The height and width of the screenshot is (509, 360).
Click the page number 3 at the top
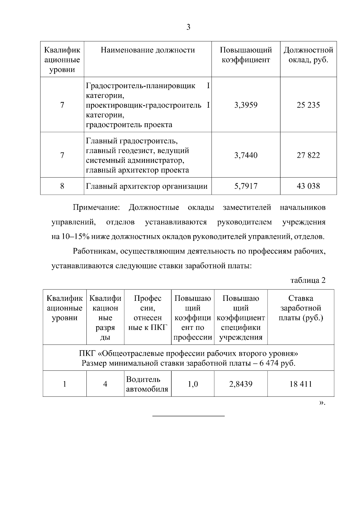pyautogui.click(x=188, y=27)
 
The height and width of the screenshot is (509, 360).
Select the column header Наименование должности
pyautogui.click(x=148, y=50)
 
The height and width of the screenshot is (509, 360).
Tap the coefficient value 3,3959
pyautogui.click(x=246, y=105)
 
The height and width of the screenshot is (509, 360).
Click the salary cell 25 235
pyautogui.click(x=308, y=105)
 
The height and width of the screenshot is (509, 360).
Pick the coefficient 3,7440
pyautogui.click(x=246, y=155)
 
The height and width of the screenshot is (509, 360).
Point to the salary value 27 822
pyautogui.click(x=308, y=155)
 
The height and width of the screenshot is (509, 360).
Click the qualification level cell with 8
pyautogui.click(x=62, y=186)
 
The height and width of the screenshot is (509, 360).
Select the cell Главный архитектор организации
pyautogui.click(x=147, y=187)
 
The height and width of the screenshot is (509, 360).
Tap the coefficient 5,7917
pyautogui.click(x=246, y=186)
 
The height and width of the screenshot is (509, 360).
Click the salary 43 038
pyautogui.click(x=308, y=186)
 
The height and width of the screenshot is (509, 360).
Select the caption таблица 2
pyautogui.click(x=308, y=280)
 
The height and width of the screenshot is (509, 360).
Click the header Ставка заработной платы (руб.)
pyautogui.click(x=301, y=308)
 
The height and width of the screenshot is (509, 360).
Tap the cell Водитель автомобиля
pyautogui.click(x=147, y=384)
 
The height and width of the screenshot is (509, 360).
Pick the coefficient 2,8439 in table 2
pyautogui.click(x=241, y=384)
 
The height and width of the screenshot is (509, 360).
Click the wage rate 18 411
pyautogui.click(x=301, y=384)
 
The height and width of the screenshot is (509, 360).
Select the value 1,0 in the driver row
pyautogui.click(x=193, y=384)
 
